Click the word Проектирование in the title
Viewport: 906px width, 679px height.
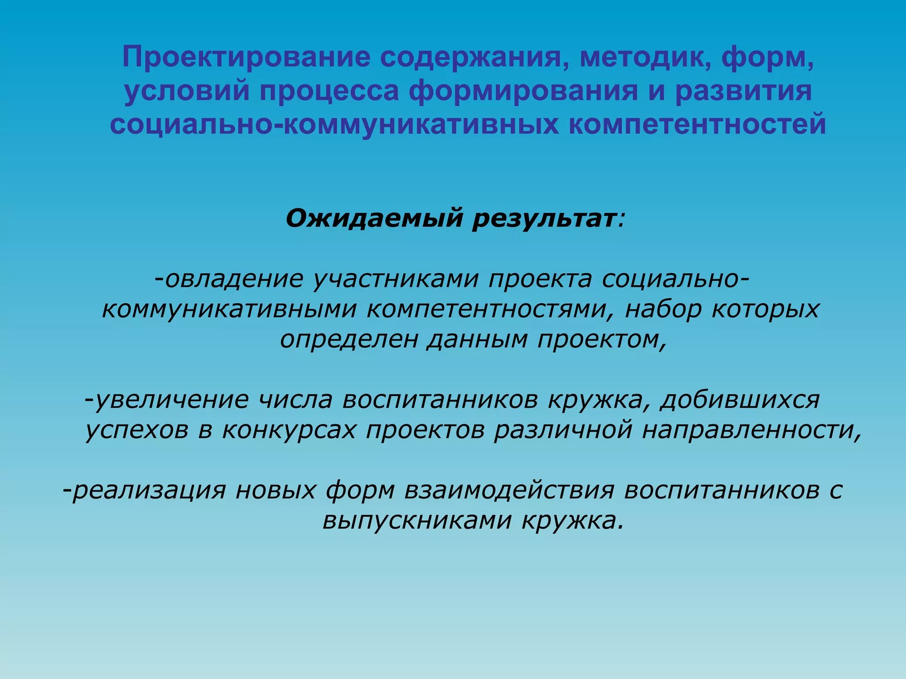pos(246,57)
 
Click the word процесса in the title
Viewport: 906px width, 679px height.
pos(330,91)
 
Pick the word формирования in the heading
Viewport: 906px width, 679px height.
pos(523,91)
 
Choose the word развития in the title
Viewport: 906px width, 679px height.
pos(743,91)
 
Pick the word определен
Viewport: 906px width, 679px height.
pos(349,339)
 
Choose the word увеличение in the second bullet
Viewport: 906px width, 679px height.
pos(172,400)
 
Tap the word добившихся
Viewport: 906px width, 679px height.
pos(740,400)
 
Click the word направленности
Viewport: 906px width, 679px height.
pos(751,430)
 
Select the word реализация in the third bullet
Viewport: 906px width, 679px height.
pos(149,490)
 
